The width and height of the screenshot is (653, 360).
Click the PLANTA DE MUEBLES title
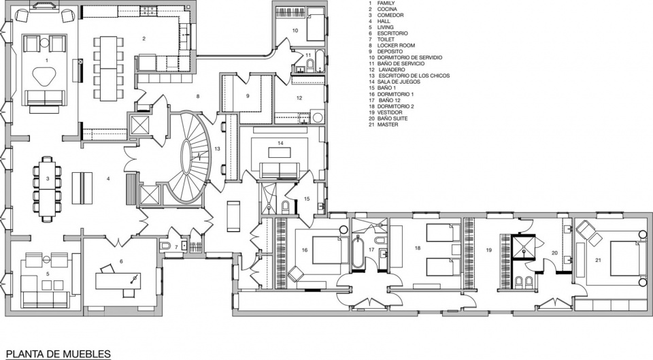[x=58, y=354]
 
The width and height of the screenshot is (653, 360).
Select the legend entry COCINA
[x=387, y=9]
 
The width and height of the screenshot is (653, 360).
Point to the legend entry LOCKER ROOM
[x=396, y=46]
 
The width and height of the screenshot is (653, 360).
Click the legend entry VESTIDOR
[x=390, y=112]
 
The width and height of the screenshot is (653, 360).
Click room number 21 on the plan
[x=598, y=260]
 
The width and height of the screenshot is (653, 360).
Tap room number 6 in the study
[x=121, y=261]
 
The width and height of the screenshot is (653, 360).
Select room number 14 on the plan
[x=281, y=143]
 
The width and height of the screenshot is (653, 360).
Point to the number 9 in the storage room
[x=248, y=96]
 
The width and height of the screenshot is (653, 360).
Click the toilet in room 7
[x=165, y=245]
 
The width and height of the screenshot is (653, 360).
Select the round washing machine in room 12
[x=318, y=117]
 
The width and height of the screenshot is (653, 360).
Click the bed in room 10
[x=316, y=27]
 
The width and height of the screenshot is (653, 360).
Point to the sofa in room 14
[x=280, y=170]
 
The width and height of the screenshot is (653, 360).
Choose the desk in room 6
[x=118, y=281]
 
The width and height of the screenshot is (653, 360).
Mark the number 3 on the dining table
[x=48, y=179]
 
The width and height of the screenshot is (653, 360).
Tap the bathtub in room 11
[x=320, y=61]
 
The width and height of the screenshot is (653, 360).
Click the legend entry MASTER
[x=388, y=125]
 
